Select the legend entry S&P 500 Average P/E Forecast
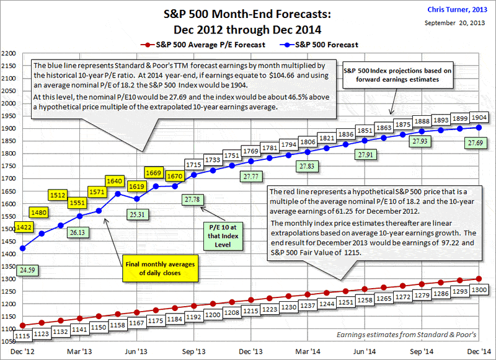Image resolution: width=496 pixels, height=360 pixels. pyautogui.click(x=201, y=44)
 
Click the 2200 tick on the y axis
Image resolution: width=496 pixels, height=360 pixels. pyautogui.click(x=8, y=53)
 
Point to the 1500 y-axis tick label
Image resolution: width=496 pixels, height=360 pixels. pyautogui.click(x=8, y=229)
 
